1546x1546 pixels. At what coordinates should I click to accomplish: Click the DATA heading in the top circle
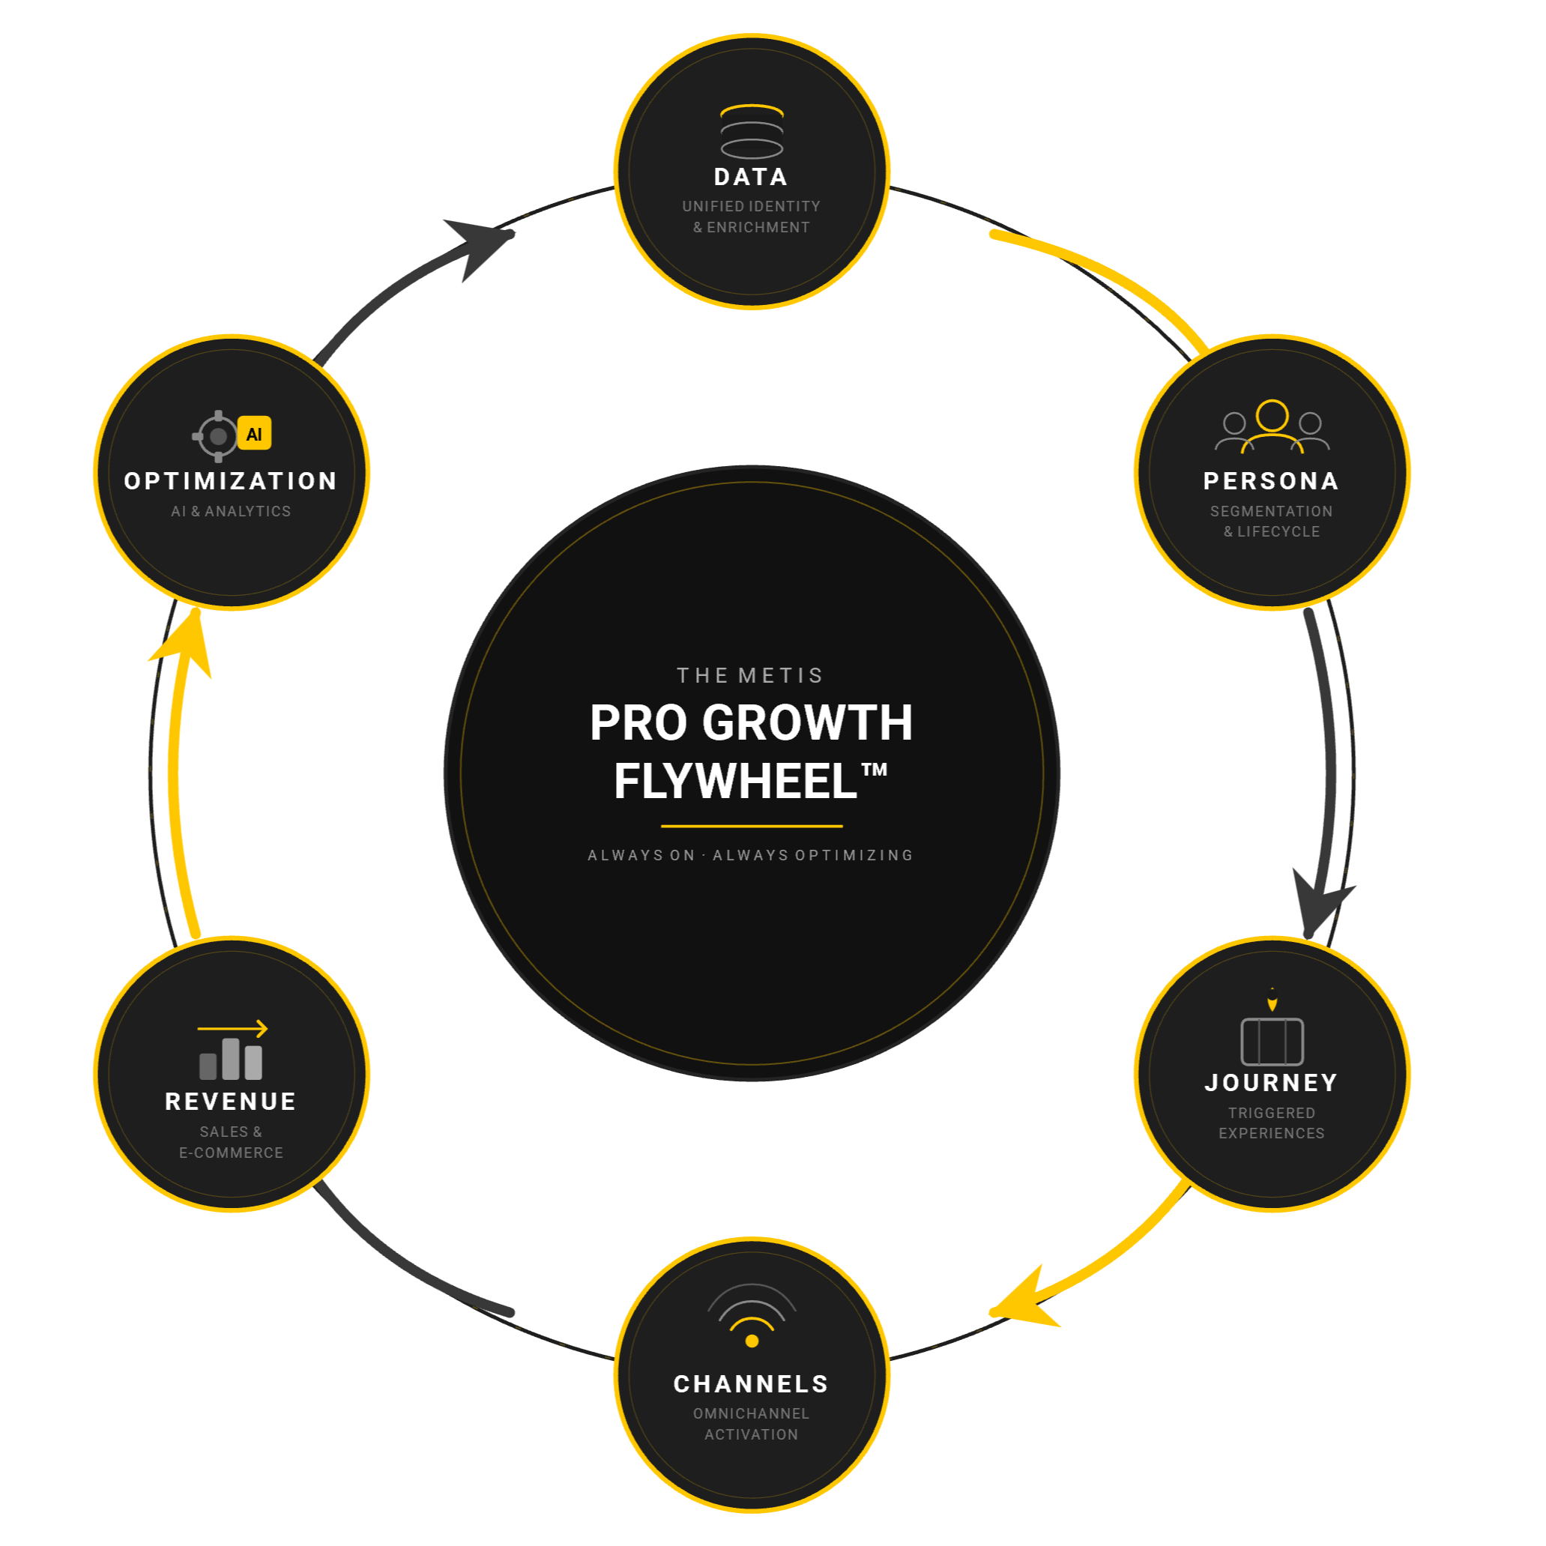751,177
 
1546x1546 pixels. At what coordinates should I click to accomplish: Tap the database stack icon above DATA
752,132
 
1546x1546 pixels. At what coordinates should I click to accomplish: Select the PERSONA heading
1271,481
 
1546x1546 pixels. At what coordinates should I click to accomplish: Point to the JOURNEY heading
1271,1083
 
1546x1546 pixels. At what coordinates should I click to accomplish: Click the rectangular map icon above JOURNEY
1272,1041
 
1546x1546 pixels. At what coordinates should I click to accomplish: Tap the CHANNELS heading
751,1383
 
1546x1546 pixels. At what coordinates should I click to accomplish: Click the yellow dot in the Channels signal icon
752,1341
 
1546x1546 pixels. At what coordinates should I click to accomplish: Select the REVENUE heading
231,1102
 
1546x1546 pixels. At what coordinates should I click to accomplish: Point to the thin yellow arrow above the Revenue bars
232,1028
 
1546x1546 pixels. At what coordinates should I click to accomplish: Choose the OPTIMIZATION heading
231,481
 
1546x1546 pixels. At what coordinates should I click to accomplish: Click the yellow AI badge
255,434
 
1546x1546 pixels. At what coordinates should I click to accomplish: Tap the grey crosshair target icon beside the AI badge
217,436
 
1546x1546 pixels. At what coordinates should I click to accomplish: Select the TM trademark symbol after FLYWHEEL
874,770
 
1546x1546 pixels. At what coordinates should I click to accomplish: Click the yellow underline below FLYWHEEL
752,826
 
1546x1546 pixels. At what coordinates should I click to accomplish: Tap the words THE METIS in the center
750,675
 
